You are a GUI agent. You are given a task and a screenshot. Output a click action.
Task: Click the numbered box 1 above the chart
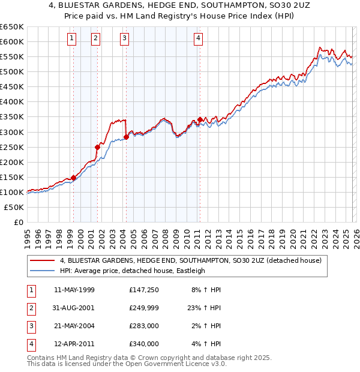click(72, 39)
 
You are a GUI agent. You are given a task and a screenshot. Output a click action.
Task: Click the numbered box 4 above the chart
click(198, 39)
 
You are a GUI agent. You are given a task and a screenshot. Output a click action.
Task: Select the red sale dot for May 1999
click(73, 178)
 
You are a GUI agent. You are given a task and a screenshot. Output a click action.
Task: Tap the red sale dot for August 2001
click(97, 147)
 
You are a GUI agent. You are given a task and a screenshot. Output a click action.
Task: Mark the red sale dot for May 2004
click(126, 137)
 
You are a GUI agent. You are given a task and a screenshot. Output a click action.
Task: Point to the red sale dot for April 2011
click(199, 119)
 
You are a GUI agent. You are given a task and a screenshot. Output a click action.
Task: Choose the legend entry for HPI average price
click(132, 271)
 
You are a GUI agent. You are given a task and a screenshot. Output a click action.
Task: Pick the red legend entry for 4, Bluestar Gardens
click(191, 260)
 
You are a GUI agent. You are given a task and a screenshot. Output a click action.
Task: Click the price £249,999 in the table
click(143, 308)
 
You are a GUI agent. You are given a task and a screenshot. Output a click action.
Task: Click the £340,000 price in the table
click(143, 344)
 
